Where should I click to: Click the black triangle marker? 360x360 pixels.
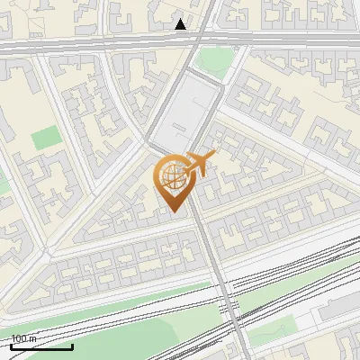[181, 23]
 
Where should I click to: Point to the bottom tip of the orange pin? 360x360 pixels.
[173, 211]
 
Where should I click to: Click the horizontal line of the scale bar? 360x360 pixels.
[41, 346]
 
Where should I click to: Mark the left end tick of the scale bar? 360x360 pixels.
[11, 345]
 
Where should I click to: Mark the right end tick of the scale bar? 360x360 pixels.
[72, 345]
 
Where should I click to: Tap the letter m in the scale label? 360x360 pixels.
[32, 338]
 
